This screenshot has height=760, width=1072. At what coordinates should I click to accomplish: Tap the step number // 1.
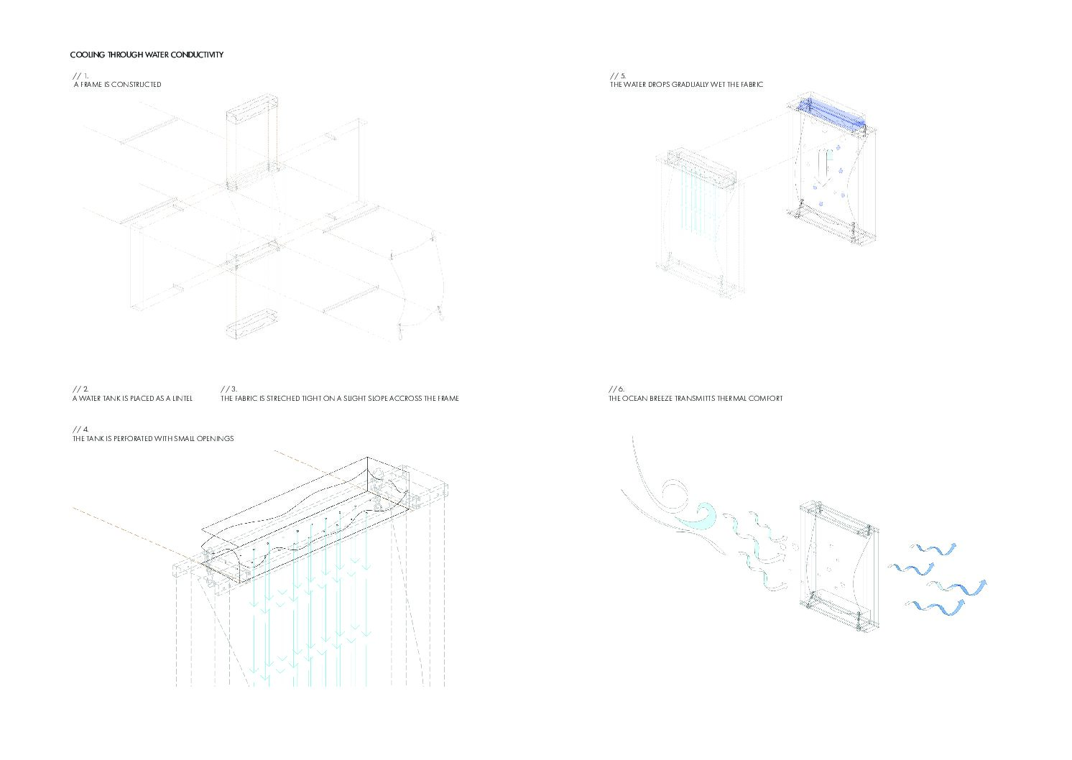click(80, 75)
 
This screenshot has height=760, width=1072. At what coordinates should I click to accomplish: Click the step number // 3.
click(229, 389)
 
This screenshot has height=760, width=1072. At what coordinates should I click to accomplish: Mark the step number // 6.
click(616, 389)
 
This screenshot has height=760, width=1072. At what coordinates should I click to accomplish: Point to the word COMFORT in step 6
click(767, 399)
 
